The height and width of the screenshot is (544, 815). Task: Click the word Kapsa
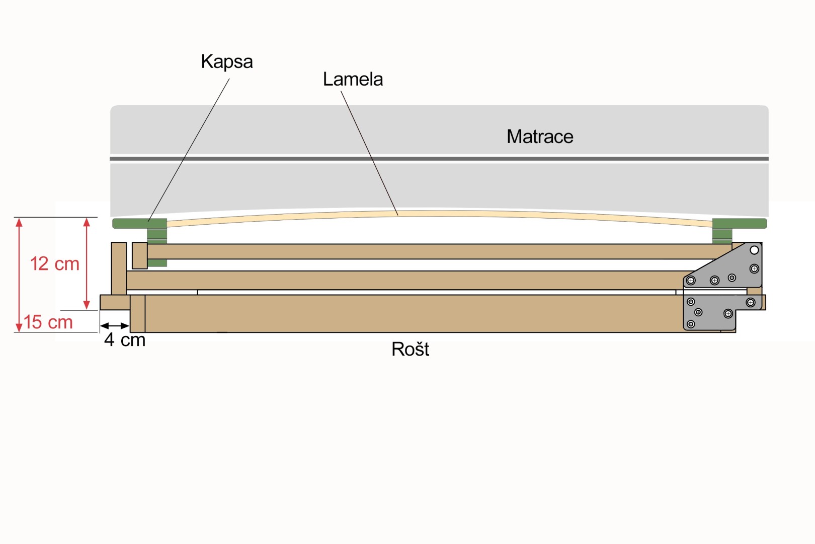coord(227,62)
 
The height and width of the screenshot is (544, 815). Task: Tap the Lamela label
coord(353,80)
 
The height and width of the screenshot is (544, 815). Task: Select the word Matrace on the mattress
coord(540,137)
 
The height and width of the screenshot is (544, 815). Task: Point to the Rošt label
coord(410,349)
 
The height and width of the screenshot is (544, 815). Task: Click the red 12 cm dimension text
coord(54,264)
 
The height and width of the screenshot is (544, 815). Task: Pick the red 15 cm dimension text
coord(48,322)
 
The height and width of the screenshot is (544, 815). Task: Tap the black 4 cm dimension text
coord(125,340)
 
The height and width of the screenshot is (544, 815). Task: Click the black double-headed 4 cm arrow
coord(115,325)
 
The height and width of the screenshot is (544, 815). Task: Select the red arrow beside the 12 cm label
coord(87,263)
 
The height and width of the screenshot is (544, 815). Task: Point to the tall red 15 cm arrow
coord(19,275)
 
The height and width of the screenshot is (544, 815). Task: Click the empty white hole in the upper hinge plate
coord(754,250)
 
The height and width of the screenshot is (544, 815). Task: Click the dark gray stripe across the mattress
coord(439,159)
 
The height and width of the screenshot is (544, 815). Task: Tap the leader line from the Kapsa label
coord(189,150)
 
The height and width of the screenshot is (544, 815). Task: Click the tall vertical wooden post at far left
coord(119,268)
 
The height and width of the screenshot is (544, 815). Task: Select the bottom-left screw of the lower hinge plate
coord(691,324)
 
